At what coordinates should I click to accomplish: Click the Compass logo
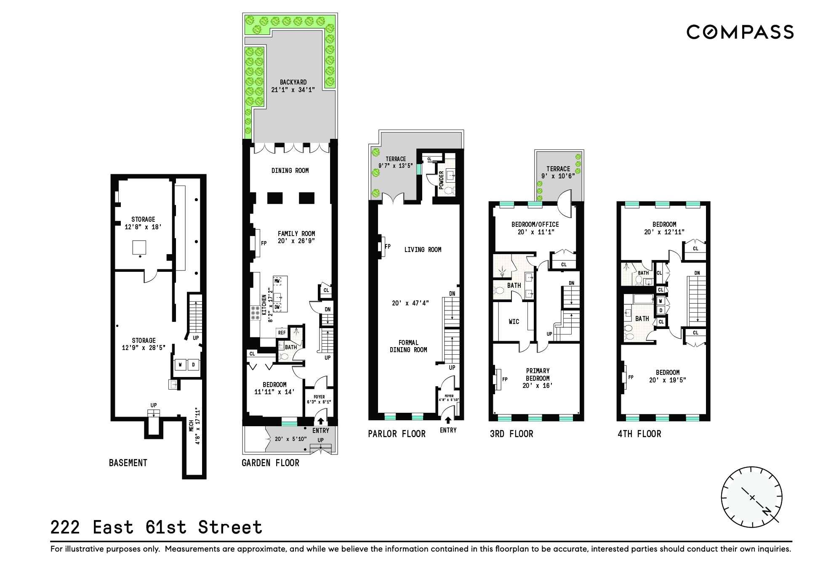click(740, 32)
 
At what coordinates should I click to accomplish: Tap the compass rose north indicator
click(767, 511)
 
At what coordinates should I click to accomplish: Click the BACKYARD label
click(293, 82)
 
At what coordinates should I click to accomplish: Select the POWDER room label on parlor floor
click(441, 180)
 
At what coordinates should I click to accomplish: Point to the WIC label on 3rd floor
click(514, 322)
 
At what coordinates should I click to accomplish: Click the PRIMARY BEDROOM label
click(538, 374)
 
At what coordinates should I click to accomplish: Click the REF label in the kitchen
click(282, 333)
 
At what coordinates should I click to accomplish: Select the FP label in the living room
click(388, 247)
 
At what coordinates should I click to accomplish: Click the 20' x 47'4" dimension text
click(410, 303)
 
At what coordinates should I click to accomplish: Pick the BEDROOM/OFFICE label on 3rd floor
click(535, 225)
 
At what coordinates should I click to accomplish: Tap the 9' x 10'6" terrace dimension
click(558, 176)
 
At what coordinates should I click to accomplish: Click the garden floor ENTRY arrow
click(320, 421)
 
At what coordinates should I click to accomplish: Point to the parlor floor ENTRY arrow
click(448, 420)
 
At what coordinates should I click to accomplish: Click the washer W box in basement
click(180, 365)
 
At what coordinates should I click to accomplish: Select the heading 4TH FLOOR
click(639, 434)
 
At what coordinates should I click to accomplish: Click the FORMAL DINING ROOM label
click(408, 346)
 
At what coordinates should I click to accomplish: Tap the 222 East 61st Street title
click(156, 527)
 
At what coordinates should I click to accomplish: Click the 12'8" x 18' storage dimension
click(143, 227)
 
